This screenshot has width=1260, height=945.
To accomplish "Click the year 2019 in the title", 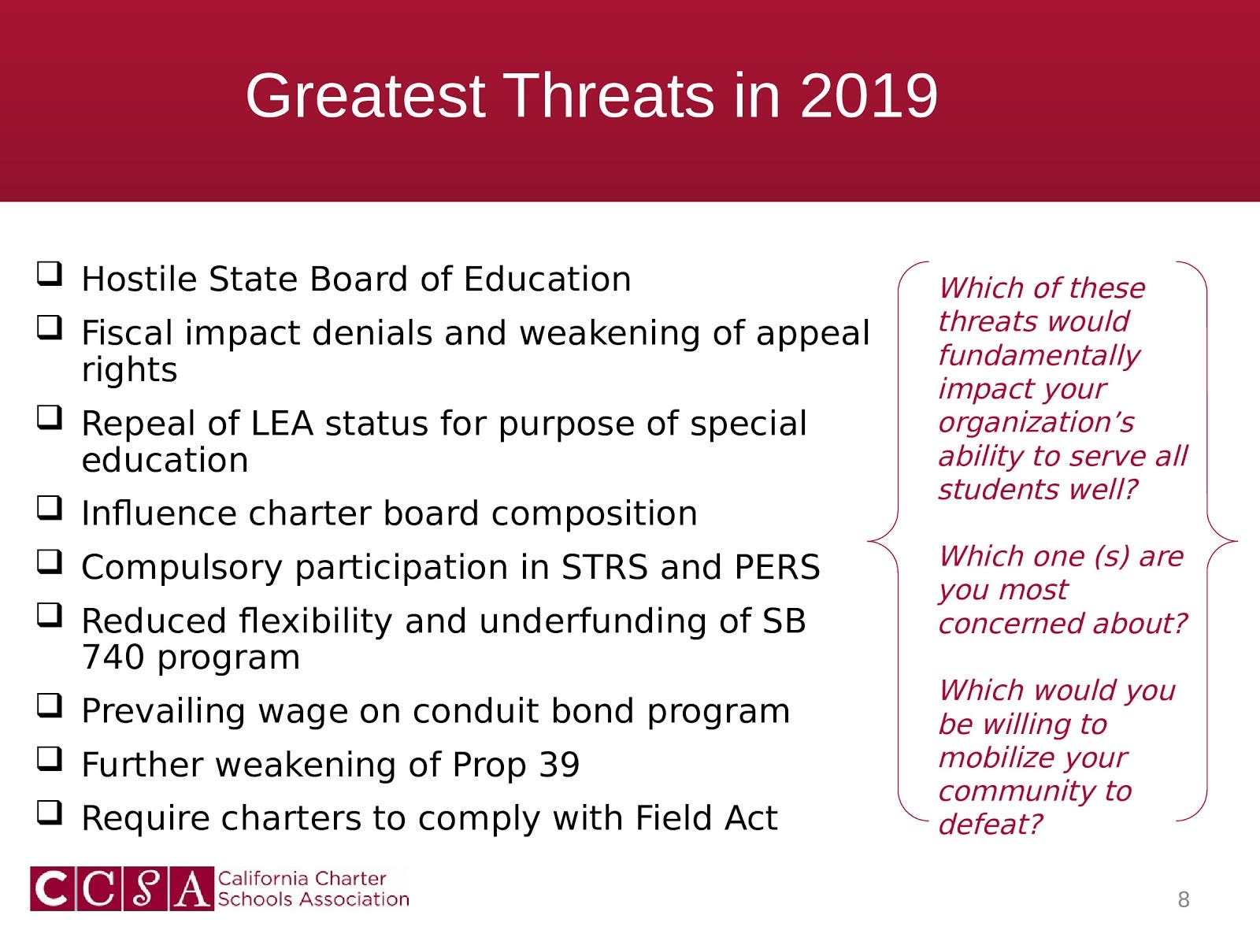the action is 869,96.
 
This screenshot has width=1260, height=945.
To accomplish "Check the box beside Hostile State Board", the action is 50,274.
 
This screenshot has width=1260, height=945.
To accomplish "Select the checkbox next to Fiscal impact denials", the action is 50,328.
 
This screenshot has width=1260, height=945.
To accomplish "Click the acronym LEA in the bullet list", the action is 283,424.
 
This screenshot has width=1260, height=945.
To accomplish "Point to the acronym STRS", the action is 605,568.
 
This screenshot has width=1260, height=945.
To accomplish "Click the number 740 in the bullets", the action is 113,657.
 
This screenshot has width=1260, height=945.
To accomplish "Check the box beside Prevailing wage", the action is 50,706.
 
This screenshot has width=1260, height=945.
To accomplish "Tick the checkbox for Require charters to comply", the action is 50,813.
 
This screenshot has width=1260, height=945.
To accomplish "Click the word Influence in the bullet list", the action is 159,513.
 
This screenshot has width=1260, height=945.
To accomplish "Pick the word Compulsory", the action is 182,569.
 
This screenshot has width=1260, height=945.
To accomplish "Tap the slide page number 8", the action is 1184,899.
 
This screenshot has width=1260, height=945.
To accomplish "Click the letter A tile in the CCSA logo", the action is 191,889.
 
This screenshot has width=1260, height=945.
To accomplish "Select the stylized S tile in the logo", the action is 145,889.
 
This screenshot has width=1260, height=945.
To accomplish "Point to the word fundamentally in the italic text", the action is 1039,356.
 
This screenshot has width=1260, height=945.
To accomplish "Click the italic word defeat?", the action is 990,825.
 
